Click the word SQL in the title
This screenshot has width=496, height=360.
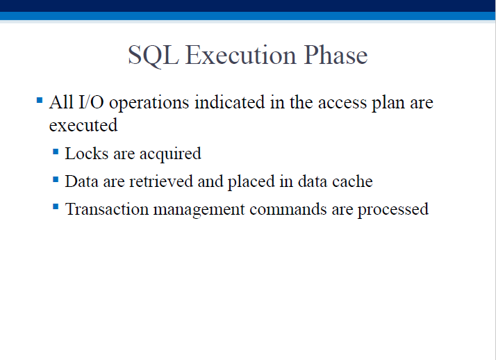click(x=153, y=56)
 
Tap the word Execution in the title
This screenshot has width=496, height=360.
click(x=241, y=55)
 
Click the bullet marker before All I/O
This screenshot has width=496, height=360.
click(x=40, y=101)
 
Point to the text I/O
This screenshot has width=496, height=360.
click(x=91, y=102)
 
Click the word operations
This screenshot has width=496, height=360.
click(x=149, y=104)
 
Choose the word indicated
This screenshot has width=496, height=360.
click(x=230, y=102)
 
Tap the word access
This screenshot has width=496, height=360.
click(x=342, y=104)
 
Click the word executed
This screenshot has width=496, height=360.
click(x=83, y=125)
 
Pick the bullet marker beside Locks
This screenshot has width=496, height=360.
click(x=56, y=152)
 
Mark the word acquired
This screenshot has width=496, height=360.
click(x=170, y=155)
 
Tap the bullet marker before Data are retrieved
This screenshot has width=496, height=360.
click(x=56, y=180)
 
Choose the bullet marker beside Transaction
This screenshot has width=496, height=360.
click(x=56, y=207)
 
